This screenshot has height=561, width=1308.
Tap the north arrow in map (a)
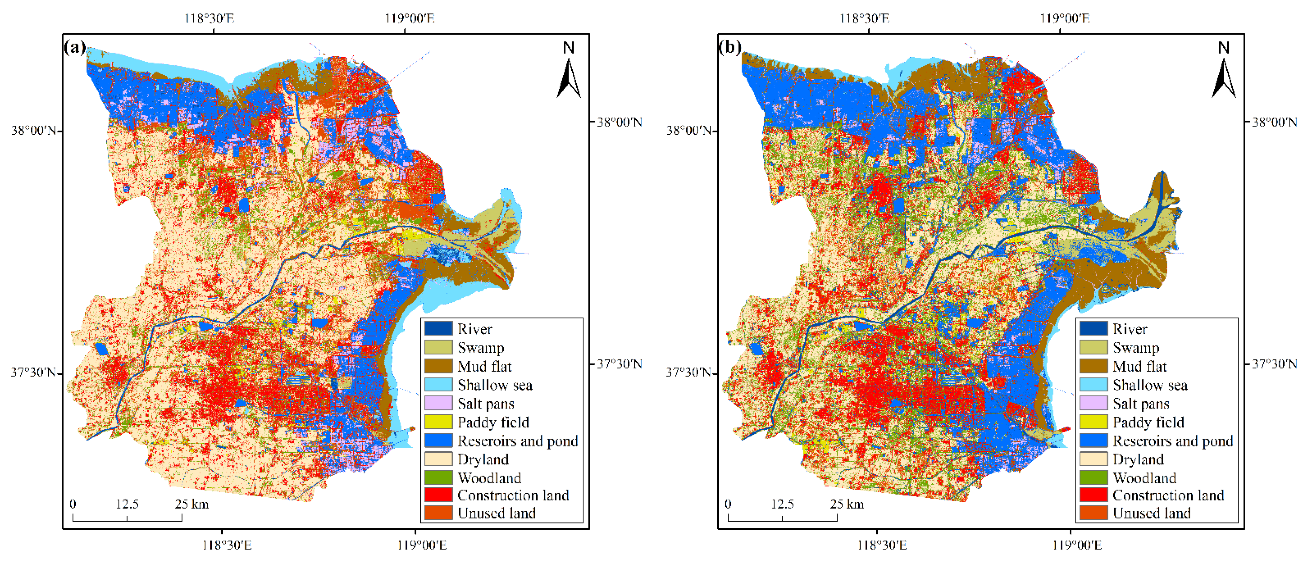(569, 76)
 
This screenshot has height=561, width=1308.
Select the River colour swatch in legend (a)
(438, 329)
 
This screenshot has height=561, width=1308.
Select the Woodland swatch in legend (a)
(438, 478)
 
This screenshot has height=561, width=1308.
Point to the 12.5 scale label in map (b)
(782, 504)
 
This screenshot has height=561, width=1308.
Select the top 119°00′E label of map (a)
(409, 19)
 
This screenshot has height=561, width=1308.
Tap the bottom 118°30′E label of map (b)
(882, 546)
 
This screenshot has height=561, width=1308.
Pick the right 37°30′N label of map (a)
(619, 364)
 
